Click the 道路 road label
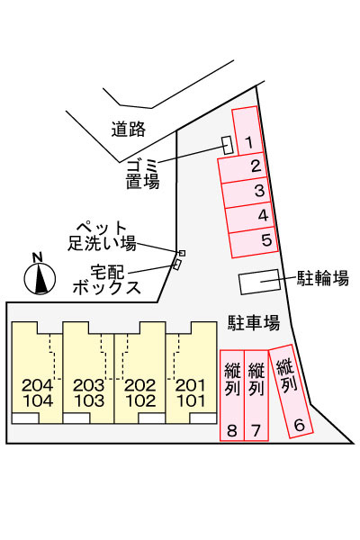(x=128, y=129)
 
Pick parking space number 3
(x=247, y=193)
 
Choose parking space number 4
(x=250, y=217)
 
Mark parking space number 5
(x=254, y=242)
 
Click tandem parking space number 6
(x=291, y=391)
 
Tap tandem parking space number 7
(x=256, y=395)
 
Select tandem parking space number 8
(x=232, y=395)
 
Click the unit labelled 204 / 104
(x=37, y=373)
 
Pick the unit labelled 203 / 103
(x=88, y=373)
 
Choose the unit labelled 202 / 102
(x=139, y=373)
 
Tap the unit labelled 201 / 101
(x=191, y=373)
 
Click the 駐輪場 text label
(x=323, y=278)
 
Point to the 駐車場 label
(x=254, y=323)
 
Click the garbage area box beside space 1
(x=228, y=145)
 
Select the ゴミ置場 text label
(x=142, y=175)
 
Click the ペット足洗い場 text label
(x=102, y=236)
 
